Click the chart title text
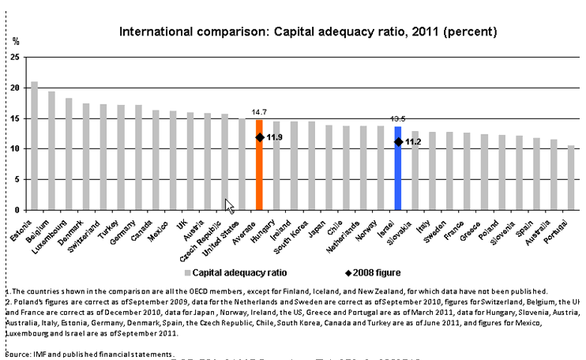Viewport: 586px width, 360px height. tap(307, 32)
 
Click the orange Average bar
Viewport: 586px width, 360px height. tap(259, 165)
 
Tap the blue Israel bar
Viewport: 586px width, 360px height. tap(398, 168)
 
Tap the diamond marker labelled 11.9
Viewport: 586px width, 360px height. tap(259, 137)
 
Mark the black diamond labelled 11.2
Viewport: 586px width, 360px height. tap(398, 142)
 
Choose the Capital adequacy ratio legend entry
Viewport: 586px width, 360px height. tap(238, 272)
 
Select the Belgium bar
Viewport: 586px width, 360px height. tap(51, 151)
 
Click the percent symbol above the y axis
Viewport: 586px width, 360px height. tap(15, 40)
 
